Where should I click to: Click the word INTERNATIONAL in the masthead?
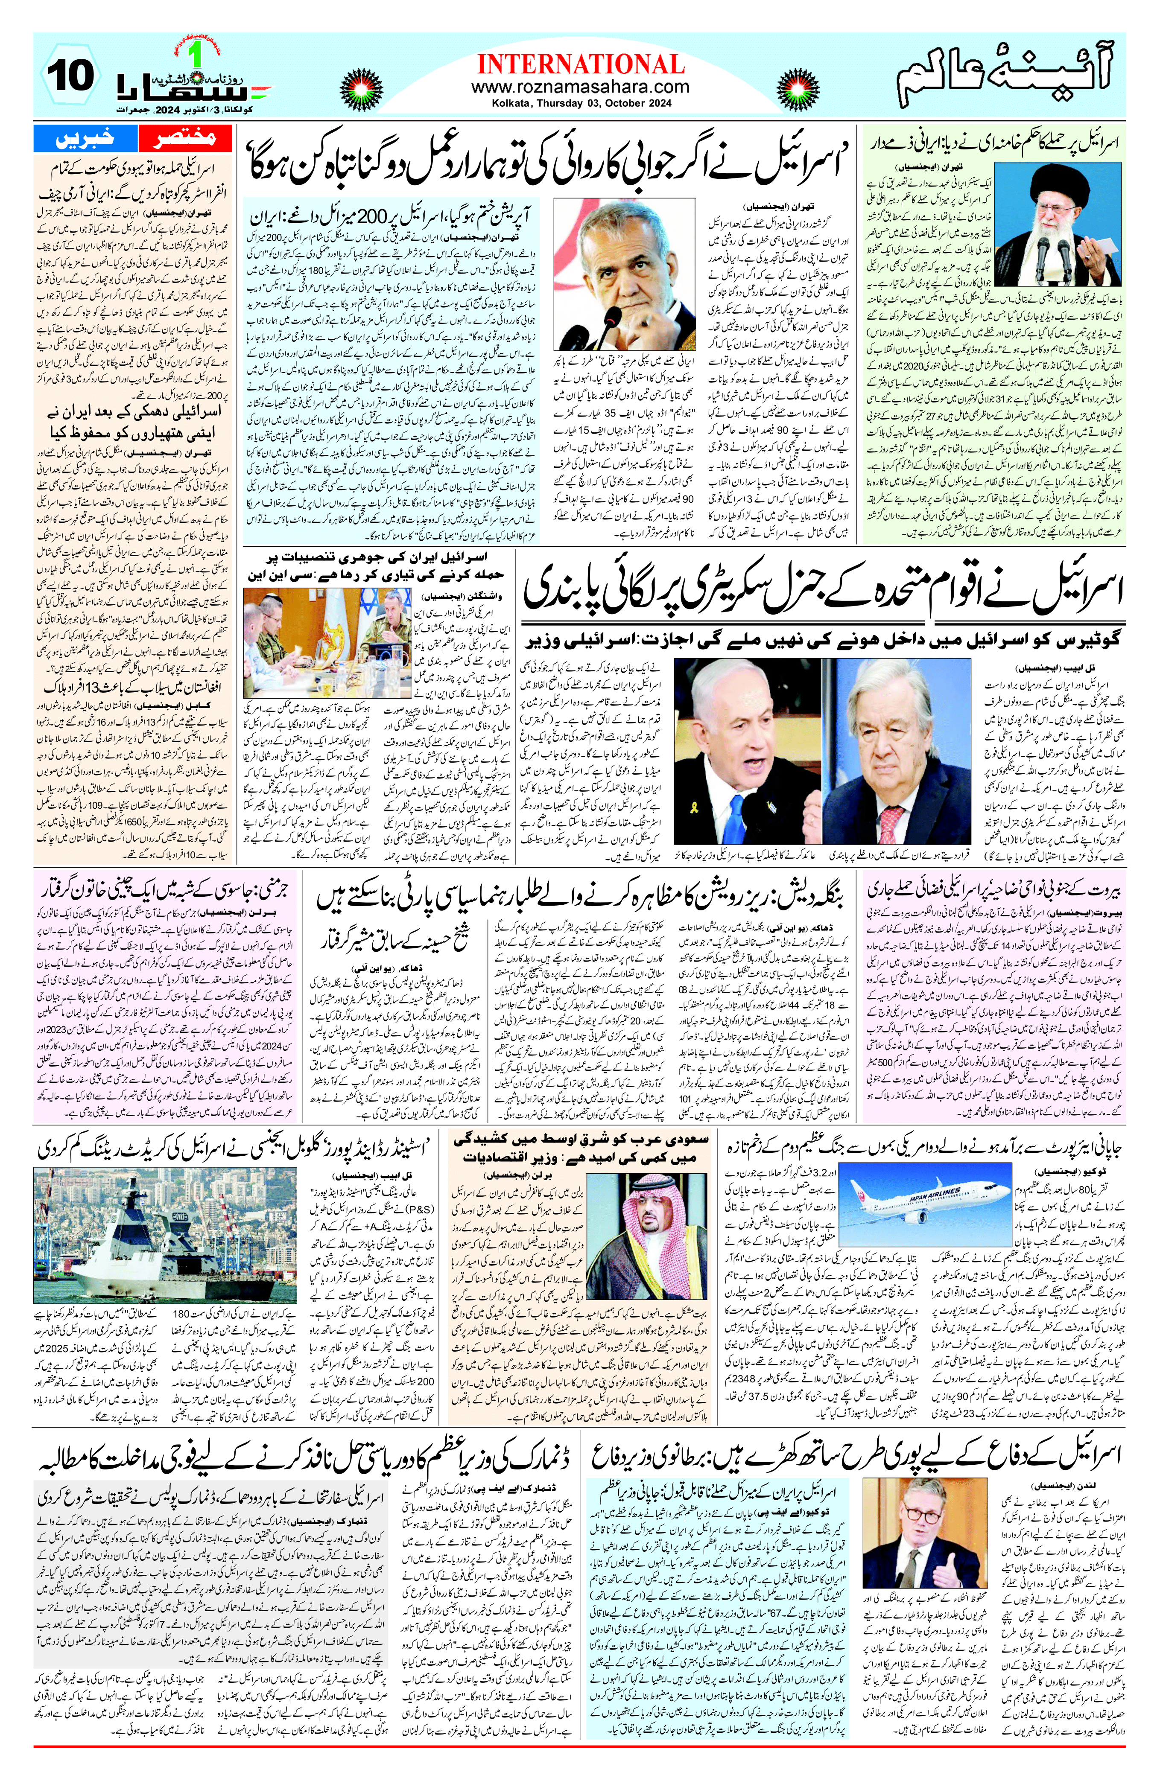coord(580,64)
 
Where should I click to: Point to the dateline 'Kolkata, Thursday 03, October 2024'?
coord(580,103)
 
